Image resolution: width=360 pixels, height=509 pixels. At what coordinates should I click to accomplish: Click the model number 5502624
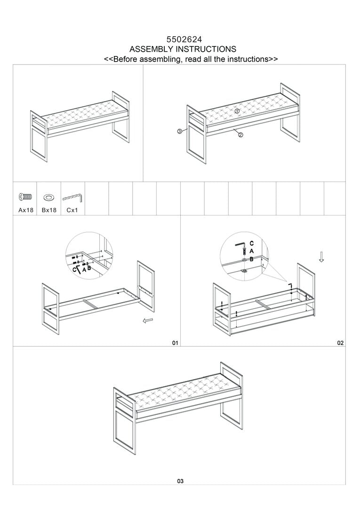(x=183, y=40)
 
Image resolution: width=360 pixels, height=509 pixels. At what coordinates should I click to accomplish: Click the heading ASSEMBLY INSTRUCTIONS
(x=183, y=49)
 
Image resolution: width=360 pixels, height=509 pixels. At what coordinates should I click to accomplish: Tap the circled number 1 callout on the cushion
(x=237, y=111)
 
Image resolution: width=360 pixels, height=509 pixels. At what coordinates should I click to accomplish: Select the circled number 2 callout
(x=240, y=135)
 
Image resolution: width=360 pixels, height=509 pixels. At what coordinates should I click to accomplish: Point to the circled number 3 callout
(x=180, y=132)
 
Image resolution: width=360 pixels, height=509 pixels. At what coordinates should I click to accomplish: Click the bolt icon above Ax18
(x=25, y=197)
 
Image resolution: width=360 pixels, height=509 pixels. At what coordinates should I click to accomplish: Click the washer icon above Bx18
(x=48, y=197)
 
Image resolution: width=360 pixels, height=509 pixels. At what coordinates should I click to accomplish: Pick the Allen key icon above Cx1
(x=72, y=197)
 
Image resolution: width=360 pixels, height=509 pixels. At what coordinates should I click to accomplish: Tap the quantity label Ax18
(x=26, y=210)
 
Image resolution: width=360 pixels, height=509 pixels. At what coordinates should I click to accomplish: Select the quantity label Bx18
(x=49, y=210)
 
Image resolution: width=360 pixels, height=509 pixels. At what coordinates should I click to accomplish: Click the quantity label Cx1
(x=72, y=210)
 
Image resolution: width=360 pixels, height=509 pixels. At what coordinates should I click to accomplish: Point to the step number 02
(x=340, y=343)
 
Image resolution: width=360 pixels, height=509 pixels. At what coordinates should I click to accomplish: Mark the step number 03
(x=180, y=481)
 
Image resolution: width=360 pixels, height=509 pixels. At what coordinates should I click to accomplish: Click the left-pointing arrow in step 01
(x=148, y=321)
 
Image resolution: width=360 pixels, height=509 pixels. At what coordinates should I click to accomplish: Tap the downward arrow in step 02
(x=321, y=257)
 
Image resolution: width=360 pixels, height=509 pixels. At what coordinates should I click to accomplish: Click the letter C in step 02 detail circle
(x=252, y=243)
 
